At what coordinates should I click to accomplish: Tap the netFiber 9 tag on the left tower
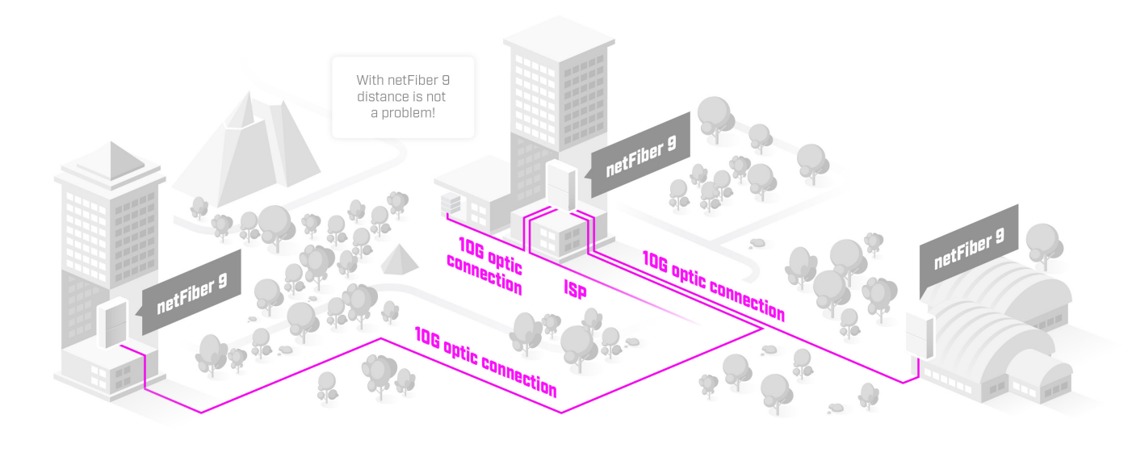point(192,294)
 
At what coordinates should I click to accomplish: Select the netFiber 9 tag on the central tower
point(641,156)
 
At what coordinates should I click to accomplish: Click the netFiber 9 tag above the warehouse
point(969,249)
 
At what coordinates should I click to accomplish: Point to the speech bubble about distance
point(403,97)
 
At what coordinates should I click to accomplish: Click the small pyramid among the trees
point(398,259)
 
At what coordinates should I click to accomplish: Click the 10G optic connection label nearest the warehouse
point(713,285)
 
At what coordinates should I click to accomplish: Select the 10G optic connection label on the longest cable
point(485,360)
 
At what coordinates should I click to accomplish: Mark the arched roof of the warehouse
point(1001,307)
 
